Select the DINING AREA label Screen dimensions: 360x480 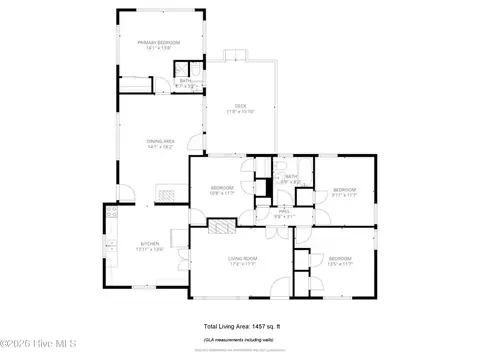pos(162,142)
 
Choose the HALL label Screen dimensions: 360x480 pos(284,212)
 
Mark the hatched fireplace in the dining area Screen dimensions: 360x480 pos(167,194)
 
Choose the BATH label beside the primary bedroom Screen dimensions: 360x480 pos(185,83)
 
